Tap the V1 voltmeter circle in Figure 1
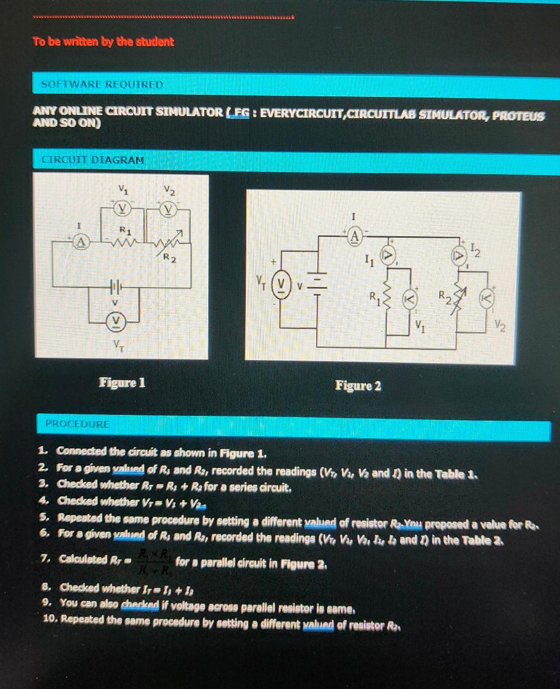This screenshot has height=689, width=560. coord(122,208)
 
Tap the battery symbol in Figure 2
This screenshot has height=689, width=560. coord(318,284)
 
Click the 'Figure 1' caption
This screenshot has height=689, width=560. coord(122,383)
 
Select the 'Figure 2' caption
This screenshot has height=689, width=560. coord(358,386)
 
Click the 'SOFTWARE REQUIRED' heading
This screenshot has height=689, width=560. coord(102,84)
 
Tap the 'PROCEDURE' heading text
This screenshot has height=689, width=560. coord(77,424)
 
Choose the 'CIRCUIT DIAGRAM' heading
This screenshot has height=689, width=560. coord(93,160)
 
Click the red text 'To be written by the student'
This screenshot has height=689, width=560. coord(103,41)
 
